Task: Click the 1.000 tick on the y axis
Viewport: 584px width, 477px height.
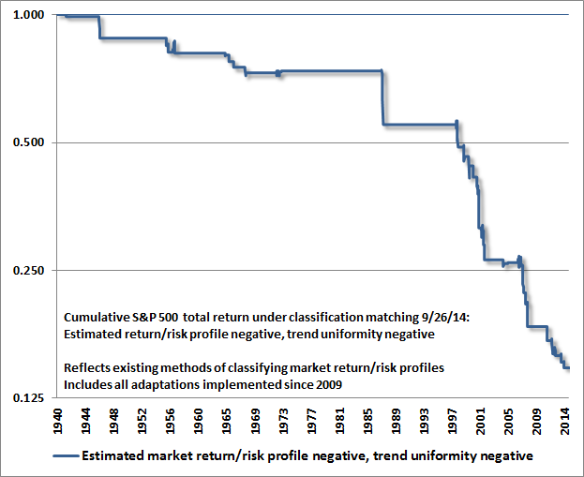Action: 28,15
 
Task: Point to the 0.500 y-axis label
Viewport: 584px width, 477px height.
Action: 28,142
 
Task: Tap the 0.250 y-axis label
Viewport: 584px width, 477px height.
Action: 28,270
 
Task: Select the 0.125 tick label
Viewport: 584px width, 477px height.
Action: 28,398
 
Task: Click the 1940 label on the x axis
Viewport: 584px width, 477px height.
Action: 58,421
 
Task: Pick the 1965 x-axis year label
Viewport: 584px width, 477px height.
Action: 227,421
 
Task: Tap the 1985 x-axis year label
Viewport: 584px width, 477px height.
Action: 367,421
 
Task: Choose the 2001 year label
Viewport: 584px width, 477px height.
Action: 481,421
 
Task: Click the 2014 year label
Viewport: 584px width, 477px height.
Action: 565,421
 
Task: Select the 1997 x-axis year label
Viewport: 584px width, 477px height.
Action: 452,421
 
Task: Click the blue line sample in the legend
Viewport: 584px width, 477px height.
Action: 66,455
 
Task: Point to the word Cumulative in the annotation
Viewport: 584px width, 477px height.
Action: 97,318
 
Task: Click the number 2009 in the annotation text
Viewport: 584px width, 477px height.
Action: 329,384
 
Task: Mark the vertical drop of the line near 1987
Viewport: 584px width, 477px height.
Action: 382,97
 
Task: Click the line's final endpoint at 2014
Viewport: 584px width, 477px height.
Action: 569,368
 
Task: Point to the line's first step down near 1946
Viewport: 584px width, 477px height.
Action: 99,27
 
